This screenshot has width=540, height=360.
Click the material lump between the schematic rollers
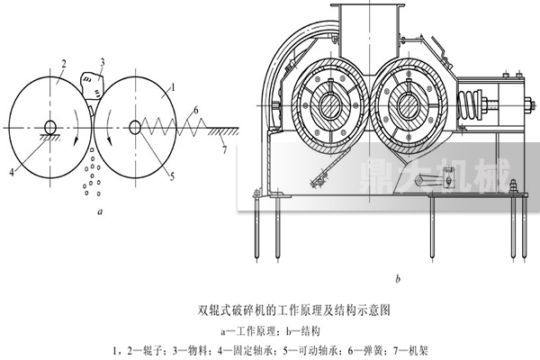click(91, 86)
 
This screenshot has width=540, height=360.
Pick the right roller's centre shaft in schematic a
click(134, 127)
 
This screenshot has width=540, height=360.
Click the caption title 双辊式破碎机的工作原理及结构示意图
click(270, 308)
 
